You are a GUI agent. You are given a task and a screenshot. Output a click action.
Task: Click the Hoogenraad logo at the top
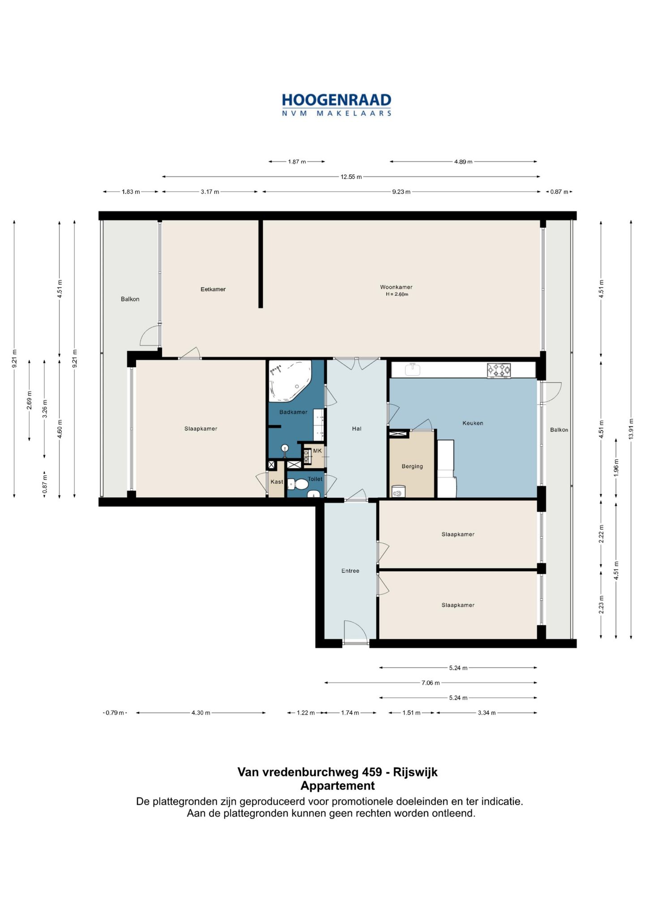click(336, 105)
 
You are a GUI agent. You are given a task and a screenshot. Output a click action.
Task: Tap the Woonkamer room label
click(396, 287)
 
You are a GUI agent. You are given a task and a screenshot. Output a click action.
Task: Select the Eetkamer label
click(213, 289)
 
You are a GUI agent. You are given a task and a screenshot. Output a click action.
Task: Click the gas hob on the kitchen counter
click(499, 370)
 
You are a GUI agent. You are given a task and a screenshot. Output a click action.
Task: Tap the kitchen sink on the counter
click(412, 369)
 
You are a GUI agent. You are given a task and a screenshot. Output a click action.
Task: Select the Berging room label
click(412, 466)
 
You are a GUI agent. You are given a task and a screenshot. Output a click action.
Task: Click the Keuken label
click(473, 423)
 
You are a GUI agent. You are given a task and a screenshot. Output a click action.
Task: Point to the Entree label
click(350, 571)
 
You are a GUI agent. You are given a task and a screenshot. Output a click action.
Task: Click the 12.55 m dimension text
click(351, 177)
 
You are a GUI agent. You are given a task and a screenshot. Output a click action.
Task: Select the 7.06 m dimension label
click(430, 683)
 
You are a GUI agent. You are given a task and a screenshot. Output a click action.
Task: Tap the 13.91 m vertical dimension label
click(631, 429)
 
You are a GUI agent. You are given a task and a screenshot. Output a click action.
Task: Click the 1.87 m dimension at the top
click(297, 162)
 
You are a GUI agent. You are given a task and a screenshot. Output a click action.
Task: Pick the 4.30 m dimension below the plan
click(201, 713)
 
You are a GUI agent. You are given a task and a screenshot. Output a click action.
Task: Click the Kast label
click(277, 482)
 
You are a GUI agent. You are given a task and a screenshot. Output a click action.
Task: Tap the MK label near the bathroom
click(317, 451)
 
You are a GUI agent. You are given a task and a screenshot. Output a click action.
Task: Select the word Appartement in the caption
click(337, 786)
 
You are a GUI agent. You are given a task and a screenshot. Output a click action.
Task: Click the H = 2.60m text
click(397, 294)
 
